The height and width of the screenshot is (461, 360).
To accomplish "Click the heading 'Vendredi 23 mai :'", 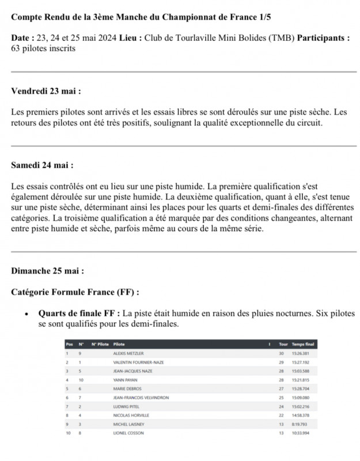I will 46,91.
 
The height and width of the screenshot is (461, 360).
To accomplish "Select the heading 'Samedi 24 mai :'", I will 42,165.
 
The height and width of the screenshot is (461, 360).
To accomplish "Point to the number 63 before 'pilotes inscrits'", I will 16,48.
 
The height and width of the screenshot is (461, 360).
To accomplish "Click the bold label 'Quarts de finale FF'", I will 79,313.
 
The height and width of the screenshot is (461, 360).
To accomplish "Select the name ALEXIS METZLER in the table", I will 128,353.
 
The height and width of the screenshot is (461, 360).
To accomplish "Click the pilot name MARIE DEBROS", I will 127,388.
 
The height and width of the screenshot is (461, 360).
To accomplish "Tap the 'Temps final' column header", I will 303,344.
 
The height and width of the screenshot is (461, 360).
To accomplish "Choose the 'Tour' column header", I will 283,344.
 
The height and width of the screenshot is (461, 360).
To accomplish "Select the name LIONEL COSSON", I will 128,432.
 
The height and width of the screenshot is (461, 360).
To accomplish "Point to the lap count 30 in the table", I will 282,353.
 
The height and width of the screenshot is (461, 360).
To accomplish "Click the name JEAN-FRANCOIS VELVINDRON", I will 140,398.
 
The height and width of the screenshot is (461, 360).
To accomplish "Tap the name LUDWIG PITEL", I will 126,406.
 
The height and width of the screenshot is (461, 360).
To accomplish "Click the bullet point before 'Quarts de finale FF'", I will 26,314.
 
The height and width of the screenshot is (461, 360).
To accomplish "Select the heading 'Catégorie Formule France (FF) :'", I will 75,292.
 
